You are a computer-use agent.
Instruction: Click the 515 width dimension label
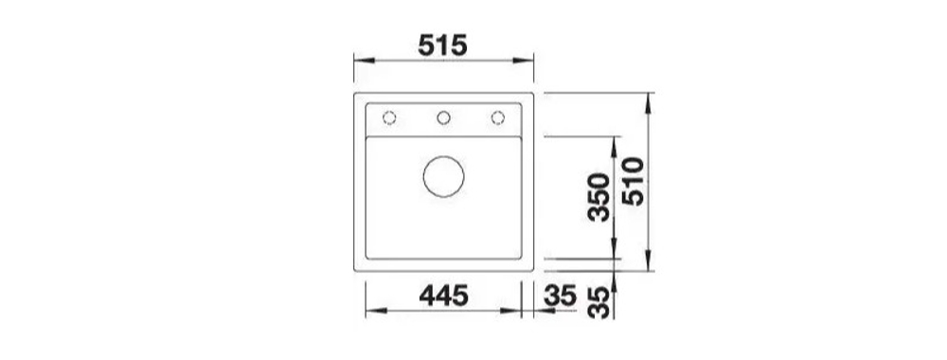point(442,45)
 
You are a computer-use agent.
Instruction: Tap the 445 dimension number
point(443,296)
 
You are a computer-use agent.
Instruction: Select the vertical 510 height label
point(633,181)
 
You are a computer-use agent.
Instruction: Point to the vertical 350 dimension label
point(599,197)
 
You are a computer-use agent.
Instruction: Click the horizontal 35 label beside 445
point(560,296)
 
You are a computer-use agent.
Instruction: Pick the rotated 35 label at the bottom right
point(599,302)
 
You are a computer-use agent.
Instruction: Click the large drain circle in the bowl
point(444,176)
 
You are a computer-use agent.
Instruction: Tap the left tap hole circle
point(389,117)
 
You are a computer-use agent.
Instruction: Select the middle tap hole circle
point(444,117)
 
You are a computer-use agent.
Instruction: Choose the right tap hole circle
point(498,117)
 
